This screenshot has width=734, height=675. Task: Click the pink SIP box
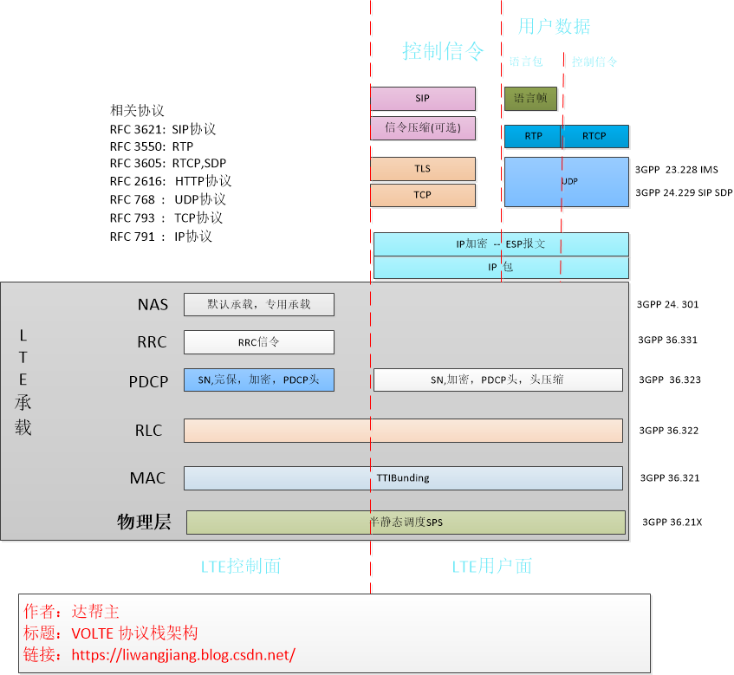422,99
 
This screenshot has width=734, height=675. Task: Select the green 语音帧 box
530,99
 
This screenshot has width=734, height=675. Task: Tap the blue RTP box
533,136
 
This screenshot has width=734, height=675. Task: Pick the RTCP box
594,136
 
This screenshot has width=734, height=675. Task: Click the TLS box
422,169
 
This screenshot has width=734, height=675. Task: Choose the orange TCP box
422,195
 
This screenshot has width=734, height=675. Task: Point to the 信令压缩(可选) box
422,128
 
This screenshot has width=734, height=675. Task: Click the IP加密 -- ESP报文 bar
501,244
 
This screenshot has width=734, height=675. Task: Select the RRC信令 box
259,342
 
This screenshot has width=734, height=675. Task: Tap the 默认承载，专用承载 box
259,304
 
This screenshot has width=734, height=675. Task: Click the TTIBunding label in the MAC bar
403,478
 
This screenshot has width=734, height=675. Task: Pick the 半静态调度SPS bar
406,522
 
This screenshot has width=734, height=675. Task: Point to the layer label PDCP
147,380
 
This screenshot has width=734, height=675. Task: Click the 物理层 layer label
144,522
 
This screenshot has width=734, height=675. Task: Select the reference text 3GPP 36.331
668,341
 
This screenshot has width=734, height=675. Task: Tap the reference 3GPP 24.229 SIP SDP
683,192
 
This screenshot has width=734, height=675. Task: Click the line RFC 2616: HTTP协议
171,181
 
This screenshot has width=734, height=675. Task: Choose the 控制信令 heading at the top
443,51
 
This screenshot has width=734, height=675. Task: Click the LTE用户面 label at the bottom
491,567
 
